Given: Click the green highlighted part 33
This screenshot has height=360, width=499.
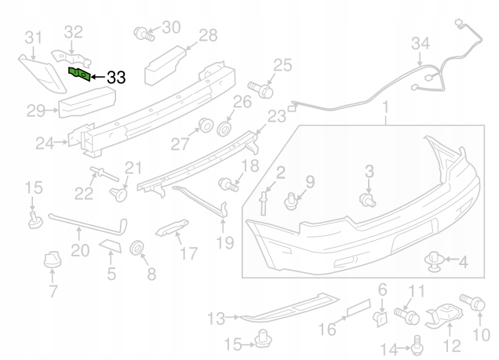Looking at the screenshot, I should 79,75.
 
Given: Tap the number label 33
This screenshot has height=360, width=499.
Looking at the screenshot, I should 115,77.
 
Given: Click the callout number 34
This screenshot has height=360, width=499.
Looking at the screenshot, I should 421,43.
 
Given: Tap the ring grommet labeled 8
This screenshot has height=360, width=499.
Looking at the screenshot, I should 136,250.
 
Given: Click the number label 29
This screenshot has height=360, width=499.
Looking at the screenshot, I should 35,111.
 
